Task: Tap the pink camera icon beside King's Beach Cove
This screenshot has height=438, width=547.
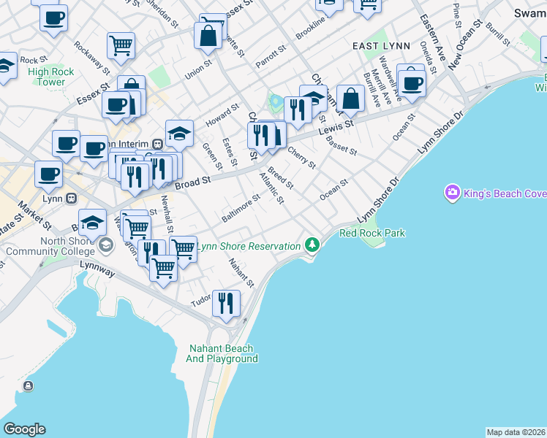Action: [x=452, y=193]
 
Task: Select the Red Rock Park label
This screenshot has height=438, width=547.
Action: [x=372, y=233]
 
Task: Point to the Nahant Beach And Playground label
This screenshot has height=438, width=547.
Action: [x=222, y=353]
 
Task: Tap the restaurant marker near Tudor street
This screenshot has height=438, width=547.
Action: [x=226, y=301]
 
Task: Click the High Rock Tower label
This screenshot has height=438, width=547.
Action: [x=47, y=77]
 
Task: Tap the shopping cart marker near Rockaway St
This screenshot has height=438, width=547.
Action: [x=121, y=45]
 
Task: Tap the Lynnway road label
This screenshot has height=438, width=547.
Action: [x=98, y=271]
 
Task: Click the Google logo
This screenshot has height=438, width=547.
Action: [x=24, y=429]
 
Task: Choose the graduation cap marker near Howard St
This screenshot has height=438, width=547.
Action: [x=179, y=133]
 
